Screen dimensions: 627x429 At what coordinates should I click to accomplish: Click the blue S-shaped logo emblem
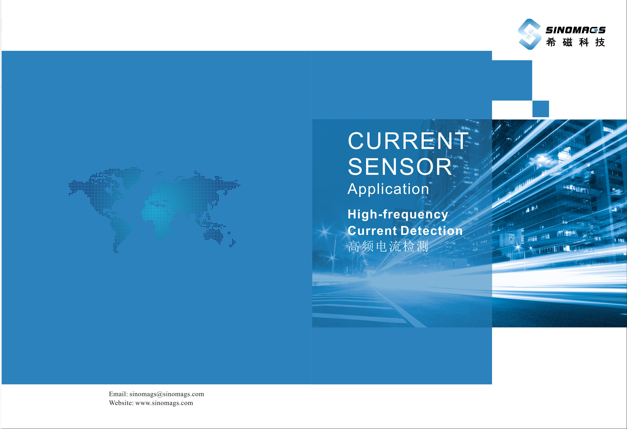[529, 34]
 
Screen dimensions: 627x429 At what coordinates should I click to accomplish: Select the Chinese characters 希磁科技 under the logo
[575, 42]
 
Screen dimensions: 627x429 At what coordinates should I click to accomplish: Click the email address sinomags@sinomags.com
[167, 394]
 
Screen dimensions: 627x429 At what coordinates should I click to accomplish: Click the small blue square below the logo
[541, 109]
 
